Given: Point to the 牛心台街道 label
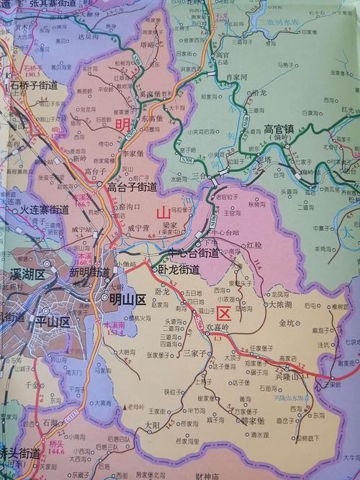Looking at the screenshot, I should click(x=193, y=253).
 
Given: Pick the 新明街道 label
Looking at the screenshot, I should click(x=89, y=273).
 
